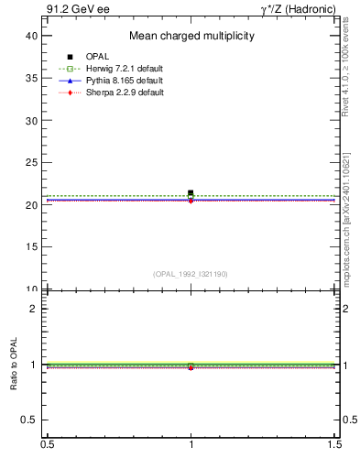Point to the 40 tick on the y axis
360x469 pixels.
click(x=31, y=35)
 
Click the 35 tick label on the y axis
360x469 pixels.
click(x=31, y=78)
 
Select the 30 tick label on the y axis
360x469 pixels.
click(x=31, y=120)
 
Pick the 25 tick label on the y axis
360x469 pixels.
click(x=31, y=163)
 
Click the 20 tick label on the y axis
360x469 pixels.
click(x=31, y=205)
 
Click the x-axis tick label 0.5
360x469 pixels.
click(x=47, y=445)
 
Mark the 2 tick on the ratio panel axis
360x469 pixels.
click(x=35, y=308)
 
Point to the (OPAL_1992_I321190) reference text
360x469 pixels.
click(x=191, y=274)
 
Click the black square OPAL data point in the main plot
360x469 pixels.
click(x=191, y=193)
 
